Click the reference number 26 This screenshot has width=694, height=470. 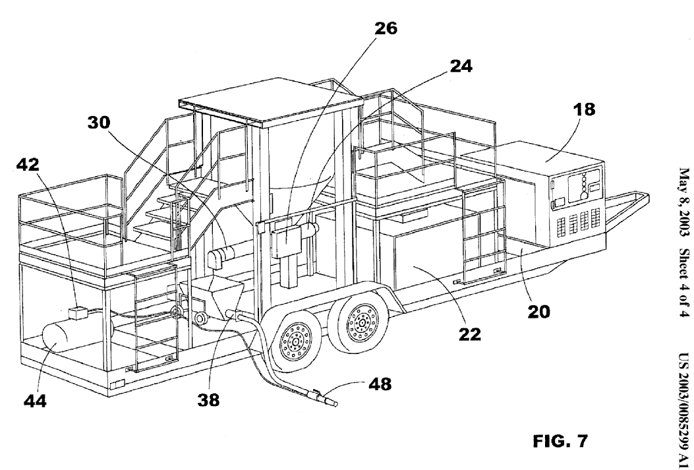point(386,28)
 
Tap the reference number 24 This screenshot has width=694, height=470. point(461,66)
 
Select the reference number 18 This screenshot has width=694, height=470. point(584,109)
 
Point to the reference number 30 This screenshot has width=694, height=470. point(98,122)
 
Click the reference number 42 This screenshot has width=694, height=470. point(28,165)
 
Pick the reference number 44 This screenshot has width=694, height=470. point(35,401)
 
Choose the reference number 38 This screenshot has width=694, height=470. point(208,400)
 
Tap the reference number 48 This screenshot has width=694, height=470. point(380,384)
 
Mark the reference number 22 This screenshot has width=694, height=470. point(469,334)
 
